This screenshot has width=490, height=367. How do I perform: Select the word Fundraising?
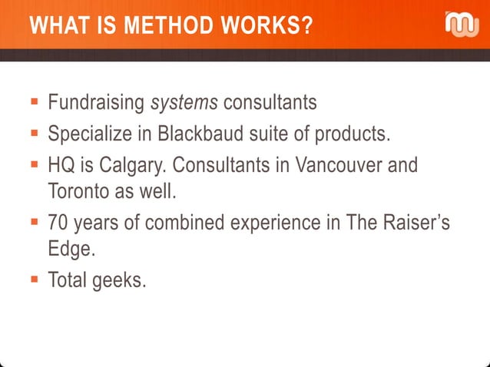click(97, 102)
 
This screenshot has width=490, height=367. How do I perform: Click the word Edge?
click(68, 249)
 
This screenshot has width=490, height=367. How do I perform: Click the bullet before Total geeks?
click(35, 280)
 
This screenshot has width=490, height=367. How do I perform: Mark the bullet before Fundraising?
click(35, 101)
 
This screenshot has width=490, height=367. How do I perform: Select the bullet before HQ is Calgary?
click(35, 165)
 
